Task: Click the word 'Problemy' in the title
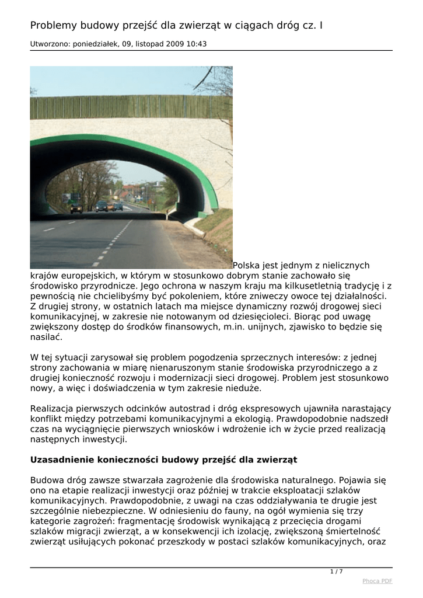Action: coord(54,26)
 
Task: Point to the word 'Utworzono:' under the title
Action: coord(49,44)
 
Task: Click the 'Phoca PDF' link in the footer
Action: coord(377,580)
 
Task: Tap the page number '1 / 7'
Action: coord(337,571)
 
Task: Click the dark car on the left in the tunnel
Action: coord(76,207)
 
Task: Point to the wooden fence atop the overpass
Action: coord(131,107)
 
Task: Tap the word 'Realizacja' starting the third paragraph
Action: coord(53,408)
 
